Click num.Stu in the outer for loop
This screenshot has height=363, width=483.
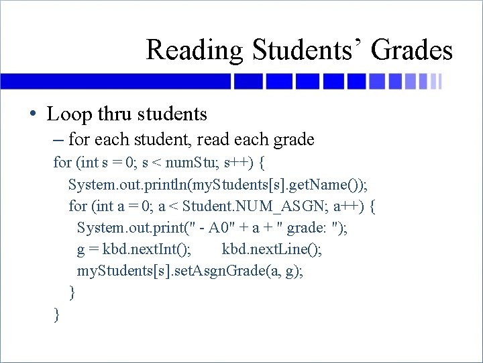[190, 163]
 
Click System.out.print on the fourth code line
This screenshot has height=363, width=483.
[125, 227]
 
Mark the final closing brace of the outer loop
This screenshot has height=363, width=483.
[57, 314]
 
